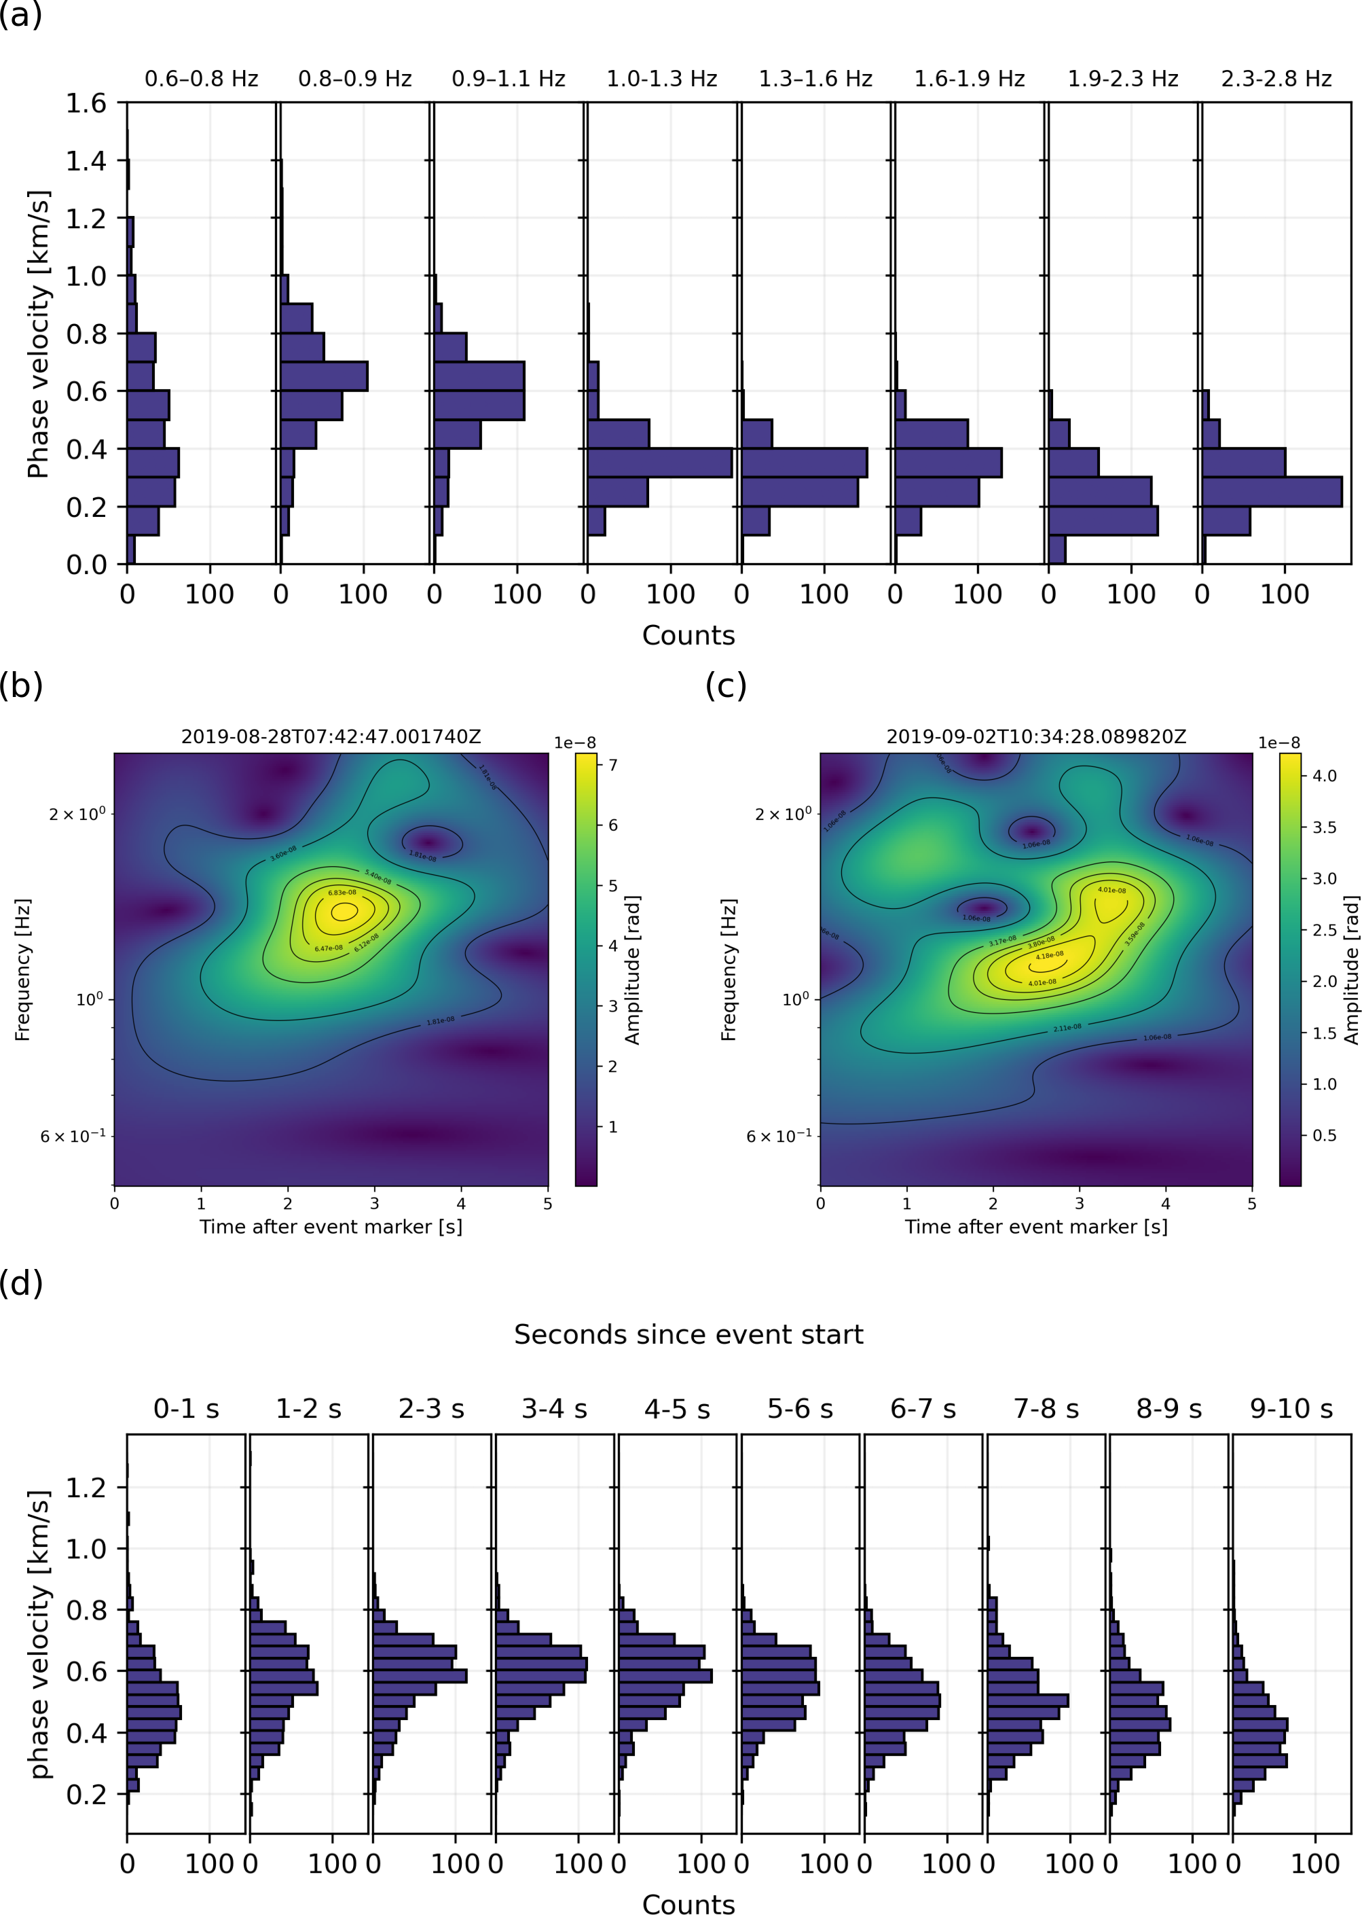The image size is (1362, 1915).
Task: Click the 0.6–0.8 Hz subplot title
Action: [x=201, y=79]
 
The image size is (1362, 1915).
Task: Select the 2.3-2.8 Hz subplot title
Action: [x=1276, y=79]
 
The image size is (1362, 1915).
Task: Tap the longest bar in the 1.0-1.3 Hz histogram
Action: [x=659, y=463]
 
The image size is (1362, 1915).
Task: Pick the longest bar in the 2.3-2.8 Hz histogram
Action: [x=1272, y=492]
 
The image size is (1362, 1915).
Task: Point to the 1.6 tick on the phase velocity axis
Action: [x=86, y=103]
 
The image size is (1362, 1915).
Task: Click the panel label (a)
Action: [x=21, y=15]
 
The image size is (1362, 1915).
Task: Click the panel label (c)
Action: [x=725, y=685]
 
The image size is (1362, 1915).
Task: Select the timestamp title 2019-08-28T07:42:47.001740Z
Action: [x=331, y=737]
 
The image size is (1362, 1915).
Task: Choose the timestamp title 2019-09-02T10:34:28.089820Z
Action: [x=1037, y=737]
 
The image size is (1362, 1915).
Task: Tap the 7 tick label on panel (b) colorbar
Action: [x=613, y=764]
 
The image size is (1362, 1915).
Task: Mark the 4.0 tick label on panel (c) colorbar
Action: [x=1324, y=775]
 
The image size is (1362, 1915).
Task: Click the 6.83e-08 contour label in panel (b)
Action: [x=342, y=893]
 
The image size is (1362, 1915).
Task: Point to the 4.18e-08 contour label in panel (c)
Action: [x=1049, y=955]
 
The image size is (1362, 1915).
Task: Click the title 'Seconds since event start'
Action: [x=688, y=1334]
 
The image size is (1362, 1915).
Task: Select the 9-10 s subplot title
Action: [x=1291, y=1408]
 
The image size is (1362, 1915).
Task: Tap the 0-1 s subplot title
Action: [x=186, y=1408]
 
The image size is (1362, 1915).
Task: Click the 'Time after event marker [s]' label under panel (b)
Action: [x=331, y=1227]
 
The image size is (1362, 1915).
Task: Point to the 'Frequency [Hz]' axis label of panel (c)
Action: [x=729, y=969]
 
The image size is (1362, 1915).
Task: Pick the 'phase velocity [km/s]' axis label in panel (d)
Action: [x=39, y=1634]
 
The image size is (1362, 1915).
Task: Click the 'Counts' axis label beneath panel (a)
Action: [x=688, y=635]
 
